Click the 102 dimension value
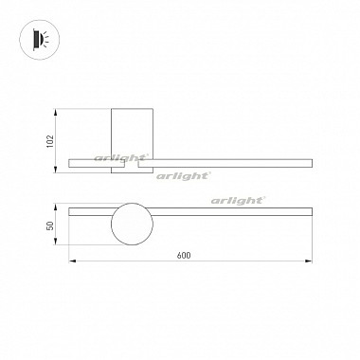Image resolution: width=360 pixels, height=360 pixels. [x=50, y=141]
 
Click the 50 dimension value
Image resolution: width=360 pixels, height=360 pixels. [x=50, y=225]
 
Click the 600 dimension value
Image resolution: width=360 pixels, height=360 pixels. [x=184, y=255]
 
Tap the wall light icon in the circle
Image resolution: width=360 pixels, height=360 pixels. [x=40, y=40]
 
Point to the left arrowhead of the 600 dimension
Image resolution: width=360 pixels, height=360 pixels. [x=72, y=261]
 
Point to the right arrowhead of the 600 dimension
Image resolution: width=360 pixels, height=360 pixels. [x=309, y=261]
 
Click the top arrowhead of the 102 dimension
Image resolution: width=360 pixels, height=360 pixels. [x=55, y=113]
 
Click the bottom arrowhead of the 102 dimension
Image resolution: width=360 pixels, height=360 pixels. [x=55, y=170]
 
